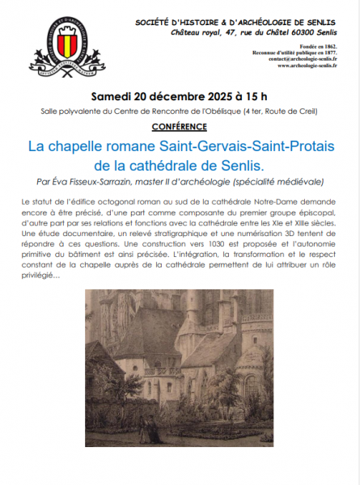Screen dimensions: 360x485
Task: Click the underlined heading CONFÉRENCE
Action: click(x=179, y=127)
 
